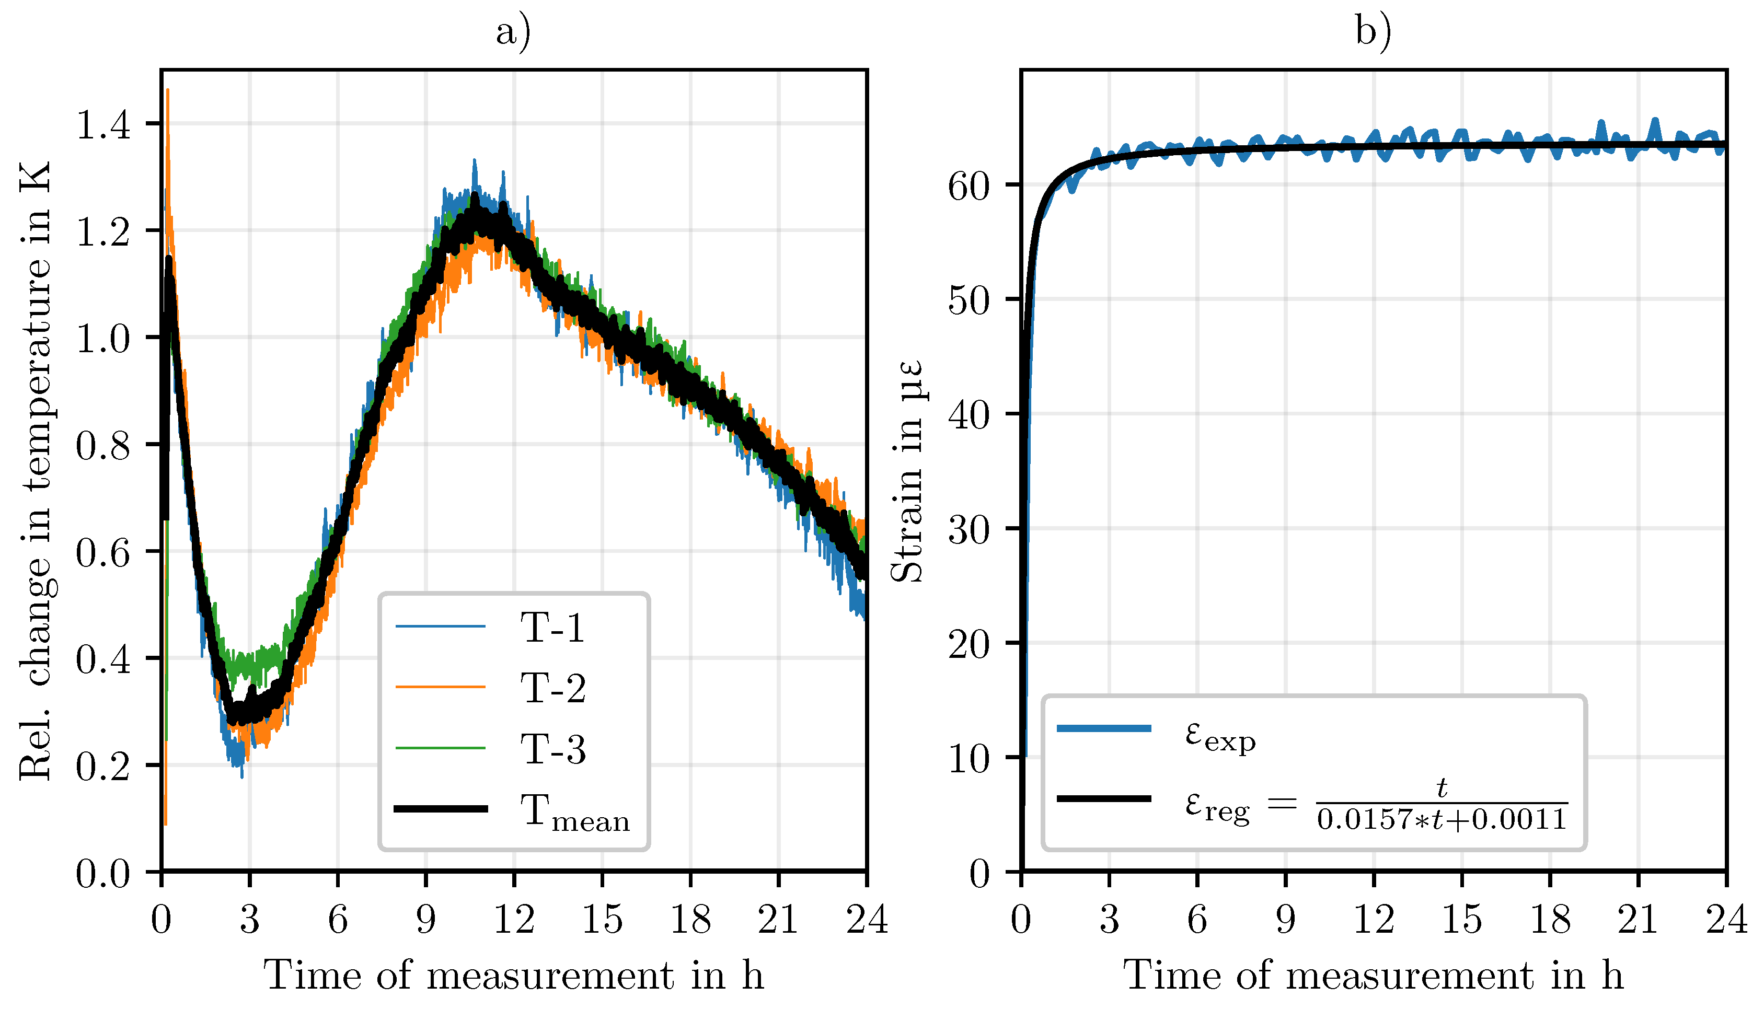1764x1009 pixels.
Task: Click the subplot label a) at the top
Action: tap(513, 32)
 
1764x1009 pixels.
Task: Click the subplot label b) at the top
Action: tap(1373, 32)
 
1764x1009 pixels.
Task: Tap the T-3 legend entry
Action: tap(552, 749)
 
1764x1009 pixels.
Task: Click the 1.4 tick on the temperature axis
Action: tap(102, 125)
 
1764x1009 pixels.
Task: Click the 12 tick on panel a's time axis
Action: tap(514, 920)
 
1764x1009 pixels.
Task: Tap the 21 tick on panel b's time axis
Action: tap(1638, 920)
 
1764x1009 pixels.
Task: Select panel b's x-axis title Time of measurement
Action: tap(1373, 976)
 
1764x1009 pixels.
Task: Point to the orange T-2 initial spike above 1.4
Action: tap(168, 97)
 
